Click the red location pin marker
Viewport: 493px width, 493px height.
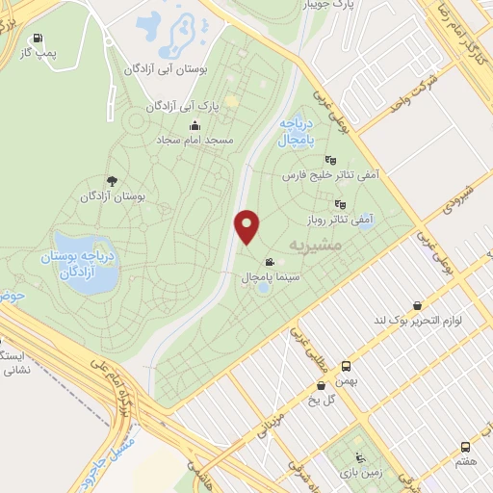pyautogui.click(x=247, y=226)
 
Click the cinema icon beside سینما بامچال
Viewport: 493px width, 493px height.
pyautogui.click(x=270, y=262)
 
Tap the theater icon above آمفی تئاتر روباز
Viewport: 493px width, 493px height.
pyautogui.click(x=339, y=204)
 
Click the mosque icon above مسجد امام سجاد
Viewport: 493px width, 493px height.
pyautogui.click(x=195, y=125)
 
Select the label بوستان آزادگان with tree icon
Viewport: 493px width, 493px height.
pyautogui.click(x=112, y=195)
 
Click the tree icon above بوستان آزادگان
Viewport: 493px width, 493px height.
pyautogui.click(x=113, y=180)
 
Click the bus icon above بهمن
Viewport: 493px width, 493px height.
pyautogui.click(x=347, y=367)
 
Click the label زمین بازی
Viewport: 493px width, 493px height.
pyautogui.click(x=359, y=474)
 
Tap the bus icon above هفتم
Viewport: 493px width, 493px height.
pyautogui.click(x=466, y=447)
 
